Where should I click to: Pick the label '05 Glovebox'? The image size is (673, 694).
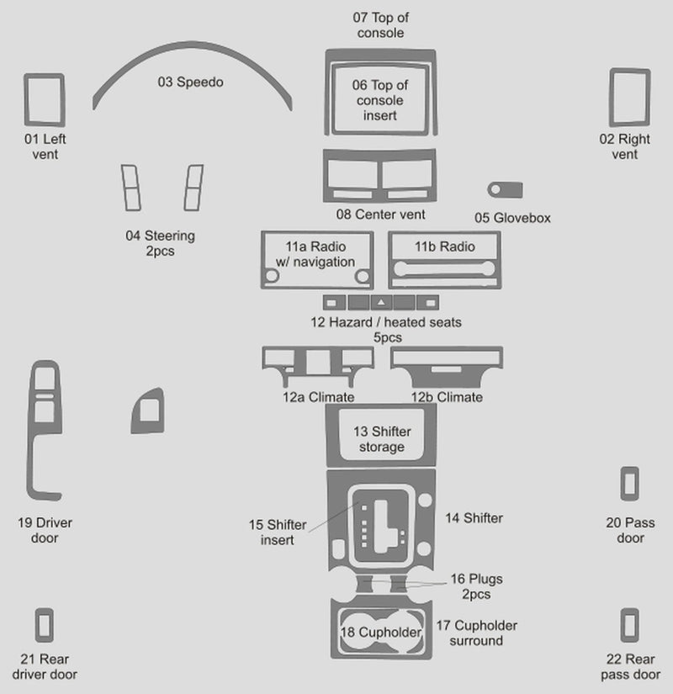click(512, 218)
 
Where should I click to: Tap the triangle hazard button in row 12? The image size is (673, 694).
click(381, 301)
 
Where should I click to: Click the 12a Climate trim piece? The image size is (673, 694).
click(317, 359)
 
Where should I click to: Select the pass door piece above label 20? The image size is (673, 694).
click(628, 484)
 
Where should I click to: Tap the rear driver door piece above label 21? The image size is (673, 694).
click(44, 625)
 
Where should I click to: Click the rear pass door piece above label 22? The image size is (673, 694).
click(628, 626)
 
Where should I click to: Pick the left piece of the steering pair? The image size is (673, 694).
click(131, 188)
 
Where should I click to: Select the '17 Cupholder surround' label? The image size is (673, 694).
click(476, 633)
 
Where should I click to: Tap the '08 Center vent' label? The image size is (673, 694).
click(380, 215)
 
